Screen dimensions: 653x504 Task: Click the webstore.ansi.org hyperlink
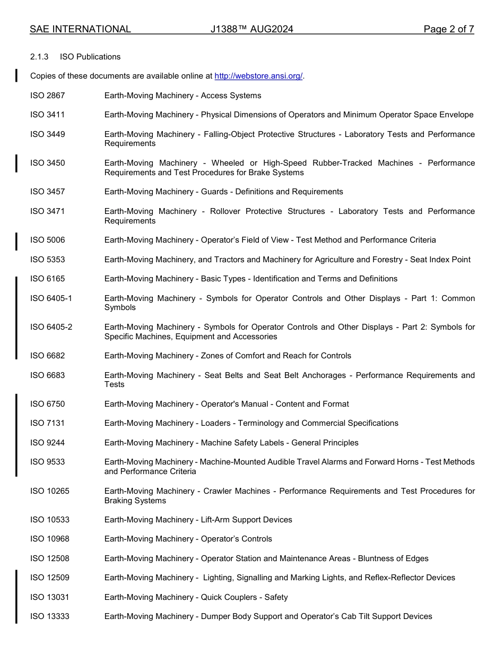click(258, 76)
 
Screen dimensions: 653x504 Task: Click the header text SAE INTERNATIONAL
click(80, 29)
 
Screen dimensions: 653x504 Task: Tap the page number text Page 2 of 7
click(448, 29)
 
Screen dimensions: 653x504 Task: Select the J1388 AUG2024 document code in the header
click(251, 29)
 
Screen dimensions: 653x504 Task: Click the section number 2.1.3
click(39, 57)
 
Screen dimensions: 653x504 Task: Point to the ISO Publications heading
click(90, 57)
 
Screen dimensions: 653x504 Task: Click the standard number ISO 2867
click(48, 96)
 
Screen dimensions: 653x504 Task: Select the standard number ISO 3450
click(48, 163)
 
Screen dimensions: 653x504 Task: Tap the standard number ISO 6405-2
click(51, 327)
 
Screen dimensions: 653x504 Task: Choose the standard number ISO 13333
click(50, 616)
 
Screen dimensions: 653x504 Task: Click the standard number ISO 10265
click(50, 491)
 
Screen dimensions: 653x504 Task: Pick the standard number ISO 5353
click(48, 260)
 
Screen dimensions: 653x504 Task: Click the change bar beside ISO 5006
click(16, 240)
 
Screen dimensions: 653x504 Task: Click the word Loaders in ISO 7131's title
click(215, 423)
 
